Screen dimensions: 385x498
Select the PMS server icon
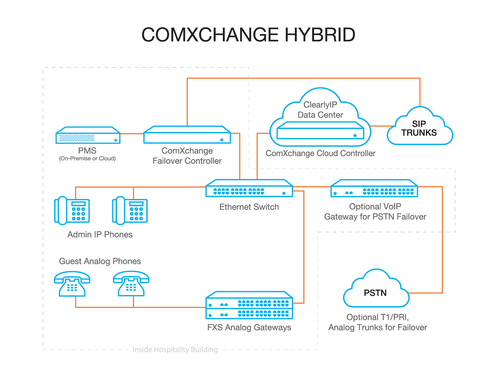click(x=88, y=135)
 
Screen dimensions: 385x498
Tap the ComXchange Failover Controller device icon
click(x=187, y=135)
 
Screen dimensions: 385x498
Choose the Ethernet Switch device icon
click(x=249, y=189)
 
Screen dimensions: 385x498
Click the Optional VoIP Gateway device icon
click(x=374, y=189)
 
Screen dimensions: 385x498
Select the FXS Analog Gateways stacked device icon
click(x=249, y=305)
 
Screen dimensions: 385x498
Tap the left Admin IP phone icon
click(x=72, y=210)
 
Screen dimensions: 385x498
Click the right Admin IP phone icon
click(x=130, y=210)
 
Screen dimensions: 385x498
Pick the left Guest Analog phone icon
click(x=72, y=284)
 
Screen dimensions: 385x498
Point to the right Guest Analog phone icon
click(x=131, y=284)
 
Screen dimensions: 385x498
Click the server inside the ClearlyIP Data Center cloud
click(x=320, y=131)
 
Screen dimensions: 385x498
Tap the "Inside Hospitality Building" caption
click(x=175, y=349)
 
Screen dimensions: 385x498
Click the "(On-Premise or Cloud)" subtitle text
click(x=87, y=159)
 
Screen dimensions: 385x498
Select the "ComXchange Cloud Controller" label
click(x=320, y=153)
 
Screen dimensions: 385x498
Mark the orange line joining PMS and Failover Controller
click(x=132, y=134)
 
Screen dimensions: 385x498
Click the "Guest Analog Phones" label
click(x=100, y=261)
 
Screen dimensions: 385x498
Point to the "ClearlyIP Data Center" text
click(x=320, y=110)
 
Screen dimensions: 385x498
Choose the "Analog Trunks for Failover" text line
click(x=378, y=327)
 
